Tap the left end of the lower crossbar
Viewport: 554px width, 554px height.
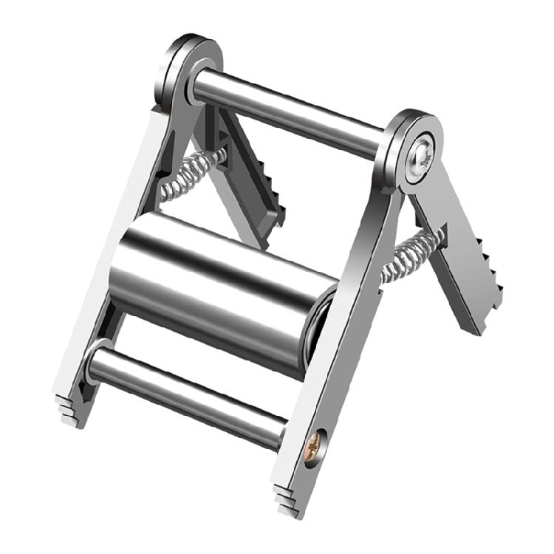[95, 359]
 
